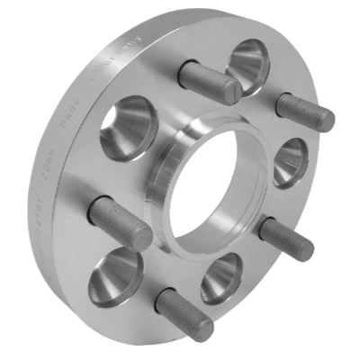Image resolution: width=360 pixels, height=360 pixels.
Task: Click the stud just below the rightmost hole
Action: (286, 238)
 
